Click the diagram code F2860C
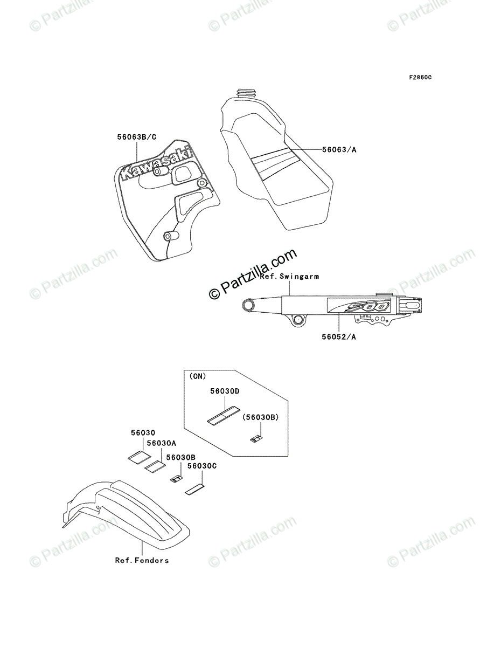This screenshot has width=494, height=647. tap(420, 78)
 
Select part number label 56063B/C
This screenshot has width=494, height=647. tap(137, 137)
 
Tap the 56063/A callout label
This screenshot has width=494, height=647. tap(339, 150)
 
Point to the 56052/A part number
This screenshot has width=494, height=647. tap(339, 338)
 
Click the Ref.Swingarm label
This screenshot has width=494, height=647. tap(289, 277)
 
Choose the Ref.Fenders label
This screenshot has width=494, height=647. tap(142, 560)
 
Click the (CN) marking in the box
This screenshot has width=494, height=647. tap(198, 375)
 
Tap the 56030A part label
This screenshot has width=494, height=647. tap(162, 443)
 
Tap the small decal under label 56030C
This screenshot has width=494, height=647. tap(195, 490)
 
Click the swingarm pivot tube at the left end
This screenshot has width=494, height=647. tap(249, 306)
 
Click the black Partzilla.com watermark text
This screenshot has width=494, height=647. tap(253, 274)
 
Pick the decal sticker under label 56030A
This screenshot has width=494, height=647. tap(156, 465)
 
